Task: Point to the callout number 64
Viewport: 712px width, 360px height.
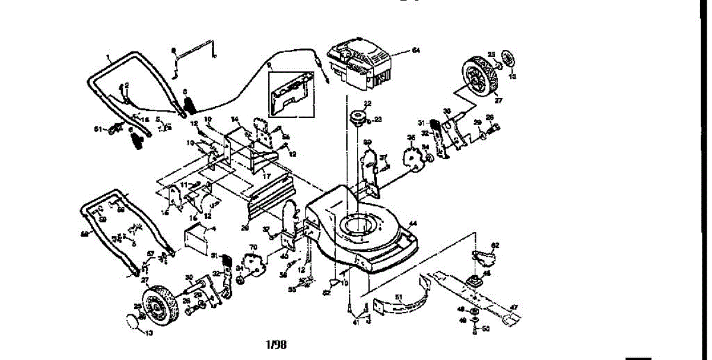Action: point(416,51)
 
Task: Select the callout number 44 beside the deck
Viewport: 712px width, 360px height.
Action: point(413,224)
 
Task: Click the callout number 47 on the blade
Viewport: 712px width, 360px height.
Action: point(514,307)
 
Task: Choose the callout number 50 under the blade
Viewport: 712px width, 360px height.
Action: point(486,328)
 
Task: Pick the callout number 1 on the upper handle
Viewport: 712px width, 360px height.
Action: point(109,58)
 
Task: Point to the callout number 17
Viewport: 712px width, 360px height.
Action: point(266,176)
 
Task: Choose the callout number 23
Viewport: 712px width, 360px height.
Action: point(378,120)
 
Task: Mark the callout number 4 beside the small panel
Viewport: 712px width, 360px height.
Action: point(214,228)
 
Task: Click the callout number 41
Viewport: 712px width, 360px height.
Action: point(356,322)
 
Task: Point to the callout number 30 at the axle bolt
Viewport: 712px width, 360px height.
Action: point(189,277)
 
